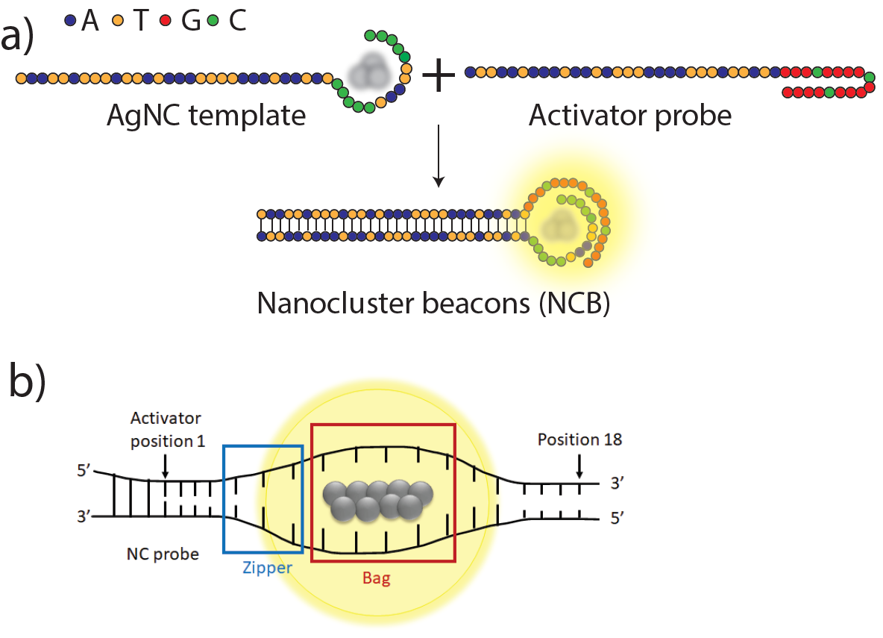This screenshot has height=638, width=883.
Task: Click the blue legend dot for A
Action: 71,22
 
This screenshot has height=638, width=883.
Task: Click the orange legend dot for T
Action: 117,22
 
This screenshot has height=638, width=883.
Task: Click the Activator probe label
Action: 630,116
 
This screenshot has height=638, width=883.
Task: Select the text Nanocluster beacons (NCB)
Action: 433,304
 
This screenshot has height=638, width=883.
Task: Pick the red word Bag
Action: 376,578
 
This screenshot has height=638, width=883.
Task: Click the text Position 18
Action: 579,440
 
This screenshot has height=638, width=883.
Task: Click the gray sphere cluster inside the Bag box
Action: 377,499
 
